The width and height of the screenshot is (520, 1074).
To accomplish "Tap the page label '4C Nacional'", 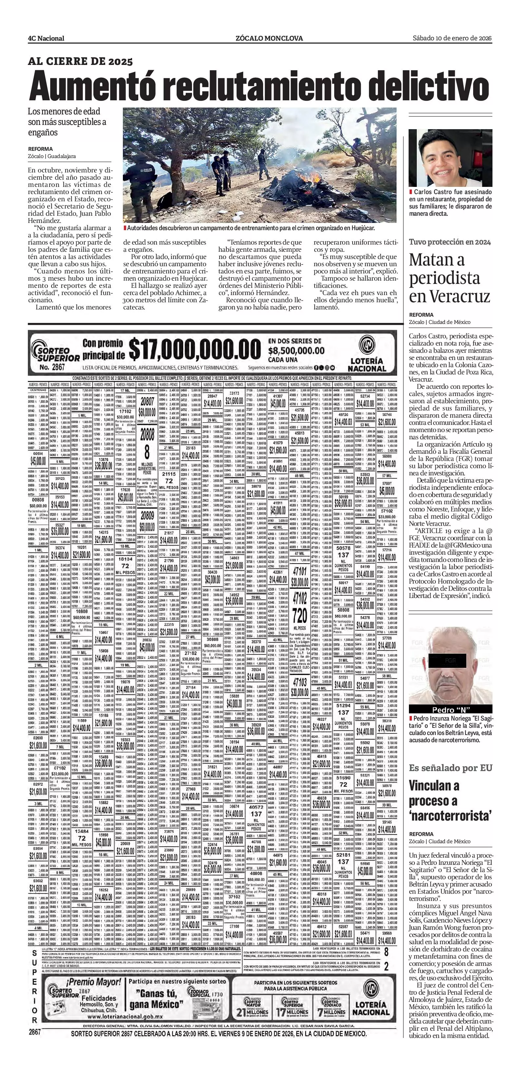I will (46, 38).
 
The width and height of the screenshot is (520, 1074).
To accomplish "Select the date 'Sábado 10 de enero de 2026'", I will (452, 38).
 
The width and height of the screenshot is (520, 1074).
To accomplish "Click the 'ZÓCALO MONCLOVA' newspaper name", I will (269, 38).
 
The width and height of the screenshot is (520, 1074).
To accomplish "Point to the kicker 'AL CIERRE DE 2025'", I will (80, 61).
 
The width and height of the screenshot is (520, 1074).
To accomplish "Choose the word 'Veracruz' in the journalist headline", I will (449, 296).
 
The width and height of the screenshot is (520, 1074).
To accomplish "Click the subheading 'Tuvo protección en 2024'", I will (450, 242).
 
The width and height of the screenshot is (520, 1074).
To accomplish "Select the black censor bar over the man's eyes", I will (450, 660).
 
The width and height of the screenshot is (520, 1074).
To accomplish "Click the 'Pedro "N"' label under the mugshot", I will (450, 709).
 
